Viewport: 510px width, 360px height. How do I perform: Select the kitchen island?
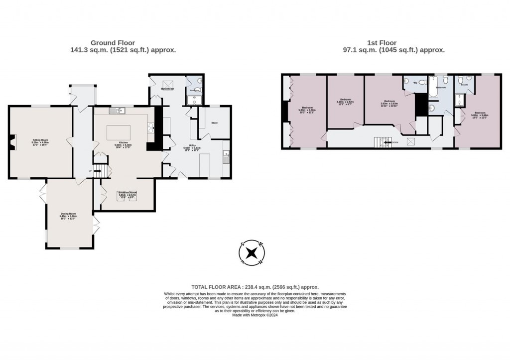click(119, 132)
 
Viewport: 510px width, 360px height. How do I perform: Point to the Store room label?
click(215, 122)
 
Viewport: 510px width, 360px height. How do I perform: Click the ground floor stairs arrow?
click(98, 171)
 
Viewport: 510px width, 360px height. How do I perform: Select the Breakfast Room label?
click(127, 192)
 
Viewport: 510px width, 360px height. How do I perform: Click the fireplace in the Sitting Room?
click(12, 142)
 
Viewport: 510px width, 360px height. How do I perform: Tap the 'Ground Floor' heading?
click(113, 43)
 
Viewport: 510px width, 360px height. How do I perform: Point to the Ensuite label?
click(464, 85)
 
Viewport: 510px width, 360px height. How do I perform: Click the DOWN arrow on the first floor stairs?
click(387, 142)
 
